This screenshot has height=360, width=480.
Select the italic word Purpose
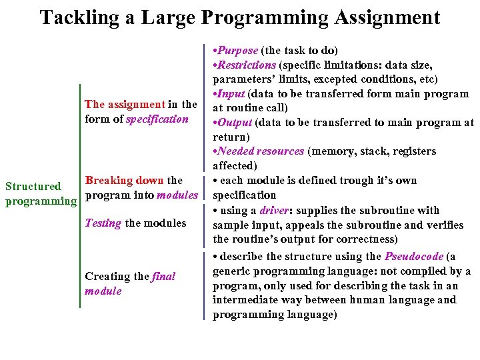click(x=237, y=51)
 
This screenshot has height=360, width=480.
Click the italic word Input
click(x=234, y=94)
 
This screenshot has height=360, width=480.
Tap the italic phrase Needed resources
click(x=261, y=151)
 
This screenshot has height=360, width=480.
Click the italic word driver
click(x=274, y=211)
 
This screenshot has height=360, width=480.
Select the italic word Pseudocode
click(x=413, y=256)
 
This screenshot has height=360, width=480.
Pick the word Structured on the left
click(x=33, y=187)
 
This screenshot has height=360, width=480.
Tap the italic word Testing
click(x=103, y=223)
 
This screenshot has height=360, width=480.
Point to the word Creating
click(x=107, y=277)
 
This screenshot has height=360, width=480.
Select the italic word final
click(x=163, y=277)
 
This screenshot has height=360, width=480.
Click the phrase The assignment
click(x=125, y=104)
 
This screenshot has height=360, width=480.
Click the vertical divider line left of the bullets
click(x=204, y=180)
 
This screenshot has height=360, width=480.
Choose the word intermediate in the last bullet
click(x=244, y=300)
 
